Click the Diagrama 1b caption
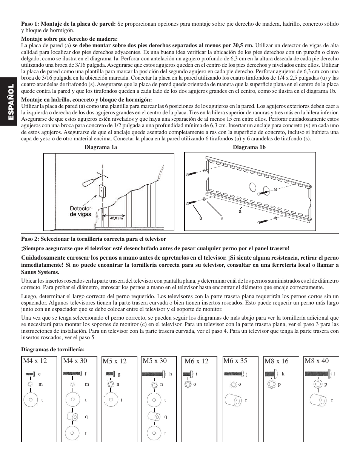[x=249, y=147]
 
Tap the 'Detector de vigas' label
[x=80, y=211]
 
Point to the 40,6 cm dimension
[x=116, y=218]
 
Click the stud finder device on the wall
[x=102, y=191]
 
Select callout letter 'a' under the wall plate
[x=240, y=211]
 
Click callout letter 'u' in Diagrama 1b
[x=201, y=218]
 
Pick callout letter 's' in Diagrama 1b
[x=222, y=218]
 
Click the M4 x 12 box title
[x=35, y=361]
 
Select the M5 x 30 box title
[x=154, y=361]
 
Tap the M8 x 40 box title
[x=316, y=361]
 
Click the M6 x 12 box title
[x=196, y=361]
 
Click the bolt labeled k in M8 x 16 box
[x=269, y=374]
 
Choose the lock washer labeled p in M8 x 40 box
[x=318, y=384]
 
